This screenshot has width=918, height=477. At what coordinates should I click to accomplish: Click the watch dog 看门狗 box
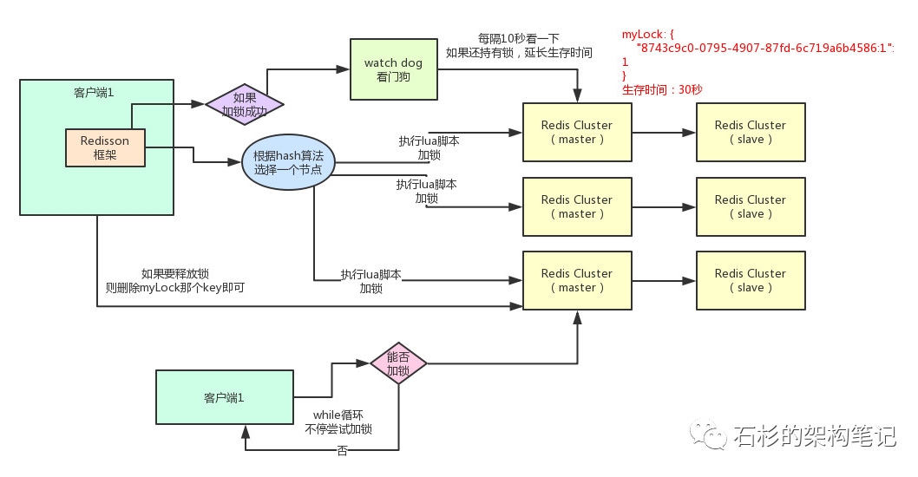(392, 69)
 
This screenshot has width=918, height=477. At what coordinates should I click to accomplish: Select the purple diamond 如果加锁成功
(244, 104)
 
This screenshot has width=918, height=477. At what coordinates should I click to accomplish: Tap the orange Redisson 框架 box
(104, 147)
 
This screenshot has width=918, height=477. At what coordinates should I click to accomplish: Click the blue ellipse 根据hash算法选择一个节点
(288, 162)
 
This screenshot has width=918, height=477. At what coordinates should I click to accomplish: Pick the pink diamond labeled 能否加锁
(398, 363)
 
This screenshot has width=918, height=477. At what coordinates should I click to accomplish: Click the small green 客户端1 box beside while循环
(223, 398)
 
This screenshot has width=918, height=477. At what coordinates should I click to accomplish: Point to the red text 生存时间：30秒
(662, 89)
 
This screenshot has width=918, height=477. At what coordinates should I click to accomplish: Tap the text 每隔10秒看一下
(518, 39)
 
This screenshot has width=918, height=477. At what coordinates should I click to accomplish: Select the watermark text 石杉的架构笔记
(813, 435)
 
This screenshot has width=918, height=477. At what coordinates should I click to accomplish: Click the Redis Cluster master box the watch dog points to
(577, 132)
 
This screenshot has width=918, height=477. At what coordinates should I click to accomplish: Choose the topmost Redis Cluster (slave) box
(751, 132)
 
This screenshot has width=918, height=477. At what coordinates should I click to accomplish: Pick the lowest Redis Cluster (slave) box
(751, 280)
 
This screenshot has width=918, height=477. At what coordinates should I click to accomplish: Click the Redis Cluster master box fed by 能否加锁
(577, 280)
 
